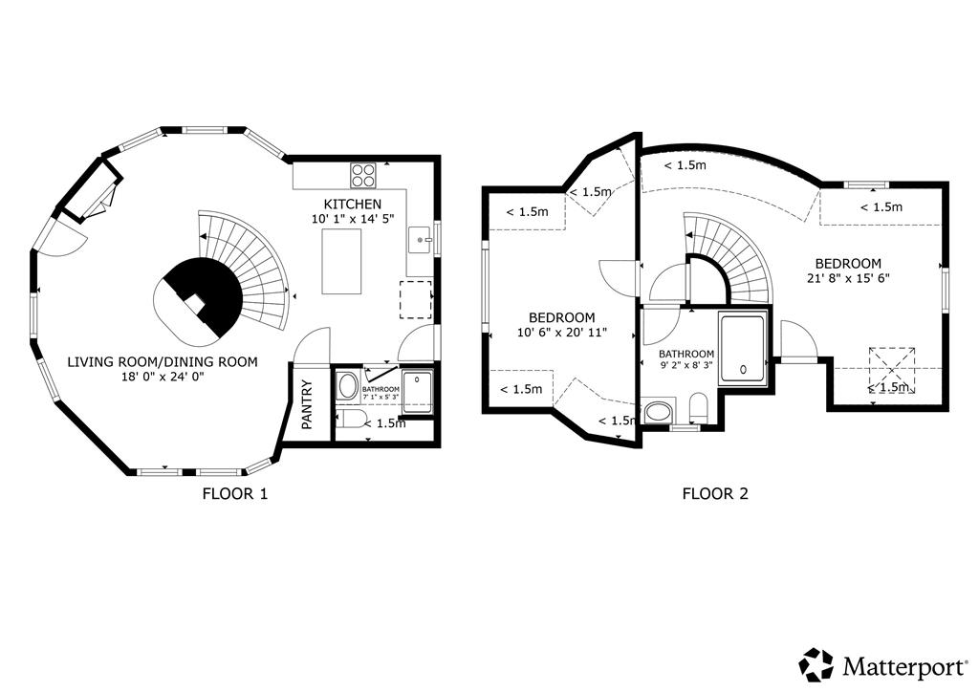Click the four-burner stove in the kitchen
point(363,175)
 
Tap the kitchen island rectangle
point(341,262)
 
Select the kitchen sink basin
point(421,240)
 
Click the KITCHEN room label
point(352,204)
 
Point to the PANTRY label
point(307,405)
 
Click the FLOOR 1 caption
point(235,493)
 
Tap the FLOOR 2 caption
point(715,493)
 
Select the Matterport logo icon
point(816,664)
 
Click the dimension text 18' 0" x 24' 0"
point(163,377)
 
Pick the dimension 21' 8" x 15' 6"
point(848,278)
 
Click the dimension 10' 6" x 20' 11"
point(562,333)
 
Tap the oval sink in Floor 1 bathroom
point(347,387)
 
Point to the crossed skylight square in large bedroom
point(892,371)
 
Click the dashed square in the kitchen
point(416,299)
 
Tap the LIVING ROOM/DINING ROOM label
point(163,362)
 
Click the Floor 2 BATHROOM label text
point(686,354)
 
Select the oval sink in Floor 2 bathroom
point(659,412)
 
